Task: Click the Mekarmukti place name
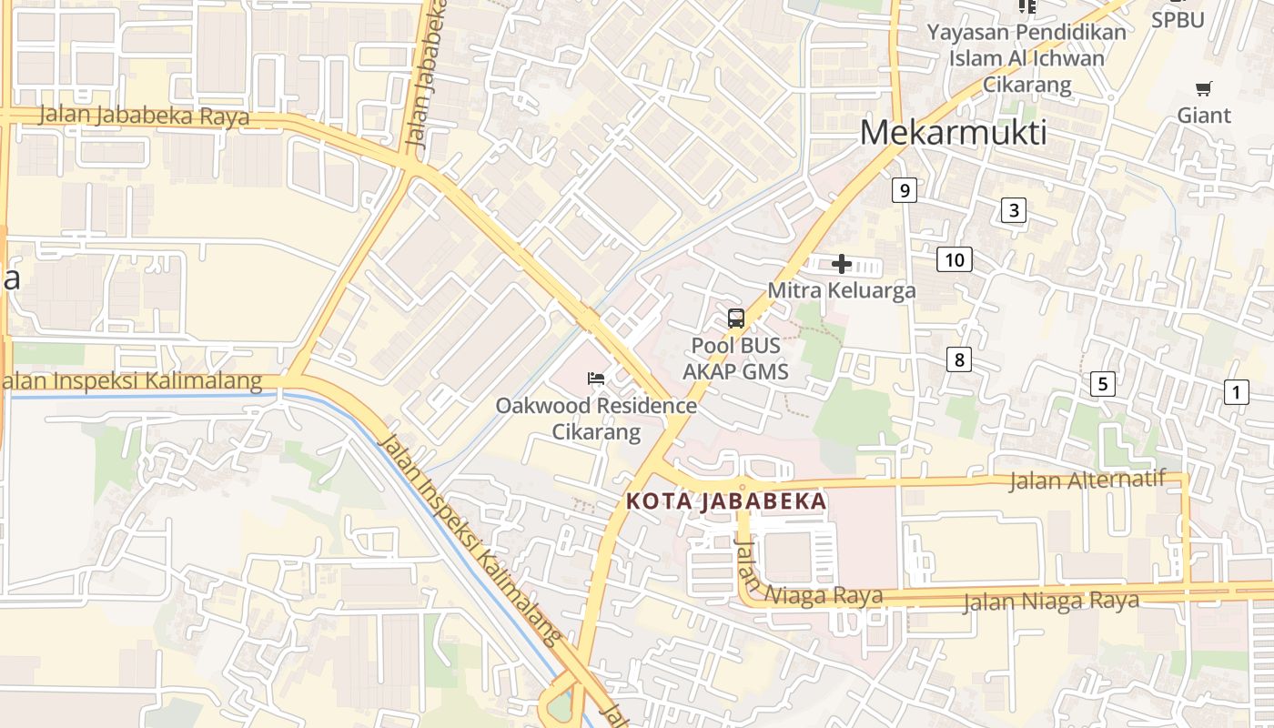tap(953, 134)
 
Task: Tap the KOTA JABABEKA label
tap(726, 501)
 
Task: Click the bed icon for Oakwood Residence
tap(596, 378)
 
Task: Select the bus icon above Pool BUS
tap(736, 318)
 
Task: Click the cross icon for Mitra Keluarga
tap(842, 264)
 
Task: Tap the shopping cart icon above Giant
tap(1204, 88)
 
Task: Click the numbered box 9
tap(904, 190)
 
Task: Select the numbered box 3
tap(1013, 211)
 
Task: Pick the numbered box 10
tap(954, 260)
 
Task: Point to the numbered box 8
tap(957, 359)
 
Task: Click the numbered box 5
tap(1103, 383)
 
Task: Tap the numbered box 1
tap(1236, 392)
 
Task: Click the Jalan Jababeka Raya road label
tap(144, 116)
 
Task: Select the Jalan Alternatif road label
tap(1087, 480)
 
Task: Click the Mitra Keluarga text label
tap(842, 290)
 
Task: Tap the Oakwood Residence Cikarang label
tap(596, 418)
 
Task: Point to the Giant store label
tap(1204, 116)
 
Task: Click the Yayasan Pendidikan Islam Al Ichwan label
tap(1026, 58)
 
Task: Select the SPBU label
tap(1178, 20)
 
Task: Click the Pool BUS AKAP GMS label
tap(736, 359)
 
